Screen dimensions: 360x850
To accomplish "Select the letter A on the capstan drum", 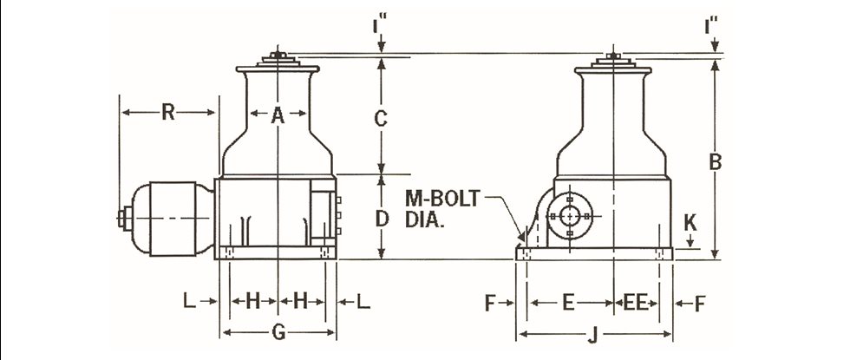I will tap(277, 114).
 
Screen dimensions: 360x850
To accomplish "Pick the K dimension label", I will tap(690, 222).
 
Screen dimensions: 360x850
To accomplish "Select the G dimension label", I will tap(278, 331).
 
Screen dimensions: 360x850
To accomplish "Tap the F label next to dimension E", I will tap(490, 303).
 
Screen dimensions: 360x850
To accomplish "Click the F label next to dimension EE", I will tap(699, 303).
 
